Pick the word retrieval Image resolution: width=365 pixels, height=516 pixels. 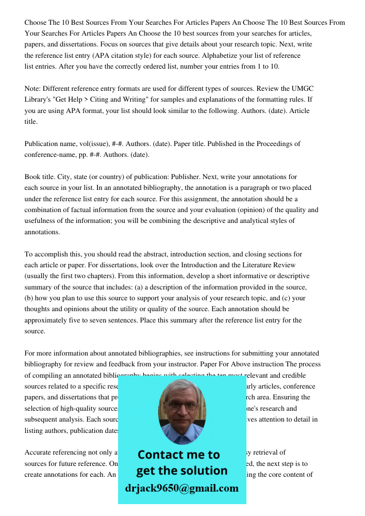click(x=272, y=453)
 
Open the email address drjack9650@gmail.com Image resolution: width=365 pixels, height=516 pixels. click(x=181, y=488)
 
